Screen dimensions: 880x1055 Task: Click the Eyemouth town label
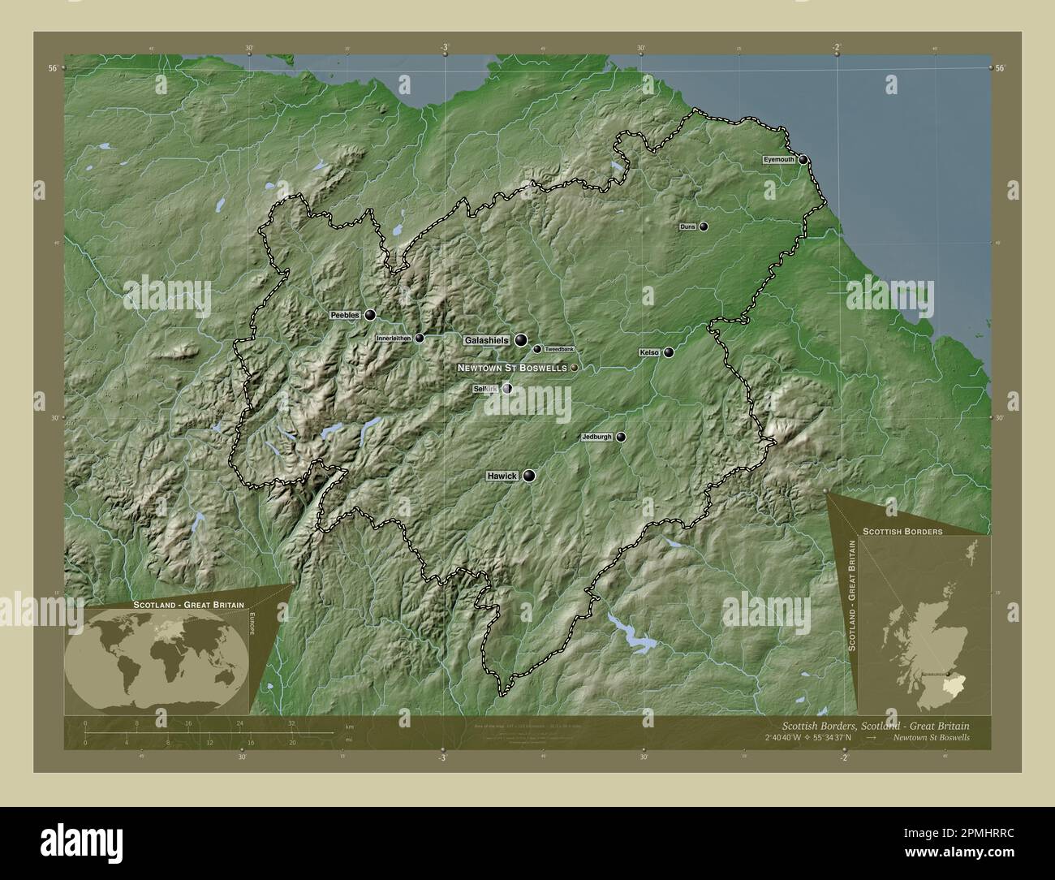pos(777,161)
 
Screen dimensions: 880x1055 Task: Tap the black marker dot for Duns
pos(704,227)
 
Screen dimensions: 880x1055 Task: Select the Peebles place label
pos(345,315)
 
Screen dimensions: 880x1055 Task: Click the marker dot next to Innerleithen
pos(420,339)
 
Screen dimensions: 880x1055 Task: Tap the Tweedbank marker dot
pos(536,350)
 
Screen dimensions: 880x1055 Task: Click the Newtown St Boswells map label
pos(511,369)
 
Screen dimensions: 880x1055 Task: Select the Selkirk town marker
pos(507,390)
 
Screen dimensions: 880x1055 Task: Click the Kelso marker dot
pos(669,353)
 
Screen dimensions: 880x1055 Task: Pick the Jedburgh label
pos(596,438)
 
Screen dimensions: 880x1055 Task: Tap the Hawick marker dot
pos(529,477)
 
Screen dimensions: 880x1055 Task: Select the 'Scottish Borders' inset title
pos(902,532)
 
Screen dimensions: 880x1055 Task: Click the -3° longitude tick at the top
pos(444,47)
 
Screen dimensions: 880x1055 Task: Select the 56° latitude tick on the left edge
pos(52,68)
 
